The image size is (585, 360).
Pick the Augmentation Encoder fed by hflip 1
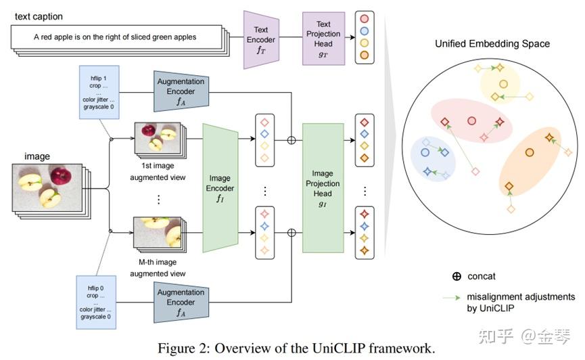(x=181, y=91)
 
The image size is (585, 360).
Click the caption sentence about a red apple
(x=115, y=37)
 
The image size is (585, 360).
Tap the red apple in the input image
(x=60, y=177)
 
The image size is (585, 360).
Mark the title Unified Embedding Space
(x=492, y=44)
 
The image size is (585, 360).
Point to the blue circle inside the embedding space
(x=426, y=143)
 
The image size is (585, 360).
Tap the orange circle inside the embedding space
(x=530, y=152)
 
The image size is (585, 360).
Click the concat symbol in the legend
(x=457, y=276)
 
